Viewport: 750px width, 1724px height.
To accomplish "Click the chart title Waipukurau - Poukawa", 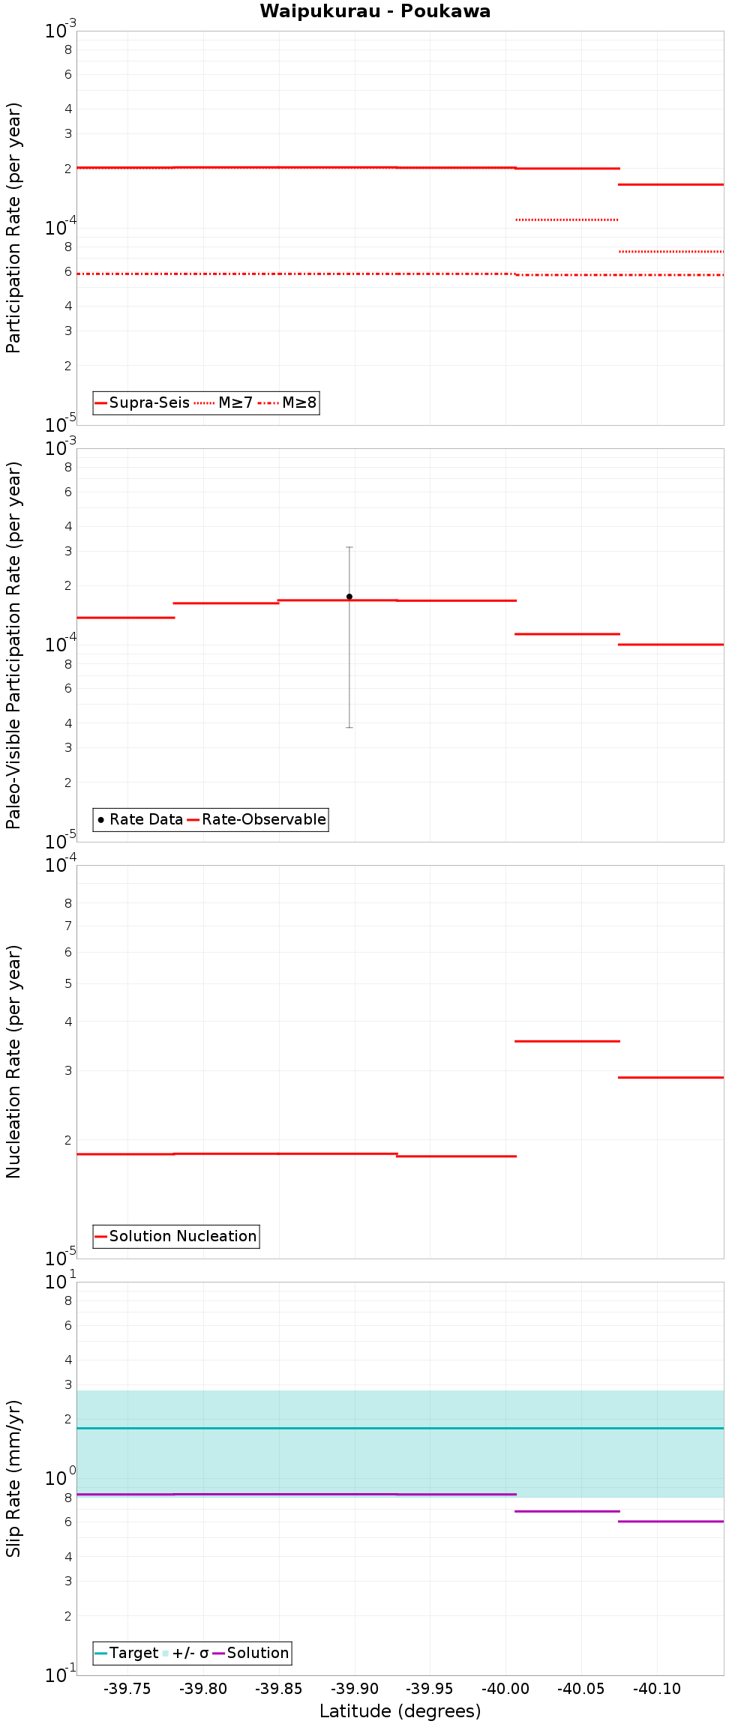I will tap(375, 11).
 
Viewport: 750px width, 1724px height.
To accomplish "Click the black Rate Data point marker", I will tap(349, 597).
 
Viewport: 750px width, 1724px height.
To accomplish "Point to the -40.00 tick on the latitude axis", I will tap(505, 1689).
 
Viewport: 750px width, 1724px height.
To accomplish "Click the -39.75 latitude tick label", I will tap(127, 1689).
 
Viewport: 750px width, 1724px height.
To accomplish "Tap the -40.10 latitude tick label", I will tap(656, 1689).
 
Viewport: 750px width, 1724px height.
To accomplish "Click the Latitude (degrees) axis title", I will tap(400, 1711).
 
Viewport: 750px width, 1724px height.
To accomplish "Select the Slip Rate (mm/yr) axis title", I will tap(13, 1478).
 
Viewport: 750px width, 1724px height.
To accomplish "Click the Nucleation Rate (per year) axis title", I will tap(13, 1061).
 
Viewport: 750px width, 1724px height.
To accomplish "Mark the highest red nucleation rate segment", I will tap(567, 1041).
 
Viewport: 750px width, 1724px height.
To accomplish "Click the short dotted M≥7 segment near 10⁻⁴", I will tap(567, 220).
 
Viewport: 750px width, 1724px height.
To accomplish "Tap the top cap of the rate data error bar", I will tap(349, 548).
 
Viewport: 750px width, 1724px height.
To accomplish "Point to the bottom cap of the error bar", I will tap(349, 727).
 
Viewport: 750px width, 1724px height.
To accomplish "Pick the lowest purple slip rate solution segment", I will tap(671, 1522).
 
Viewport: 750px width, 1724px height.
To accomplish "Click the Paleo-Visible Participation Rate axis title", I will tap(13, 645).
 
